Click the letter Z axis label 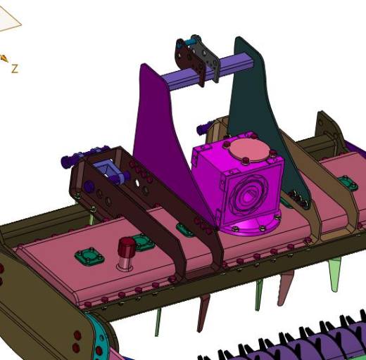pos(15,69)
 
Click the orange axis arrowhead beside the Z pos(5,58)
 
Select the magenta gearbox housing pos(237,183)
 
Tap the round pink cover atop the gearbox pos(248,149)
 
